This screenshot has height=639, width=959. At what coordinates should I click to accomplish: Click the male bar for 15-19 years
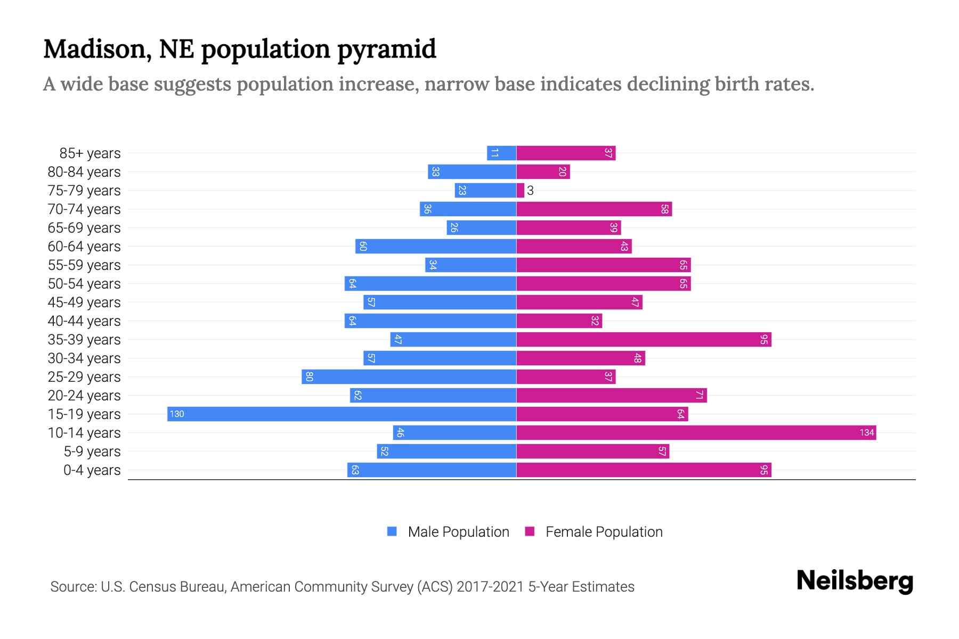[341, 414]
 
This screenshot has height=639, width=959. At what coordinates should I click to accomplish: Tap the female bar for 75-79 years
[521, 191]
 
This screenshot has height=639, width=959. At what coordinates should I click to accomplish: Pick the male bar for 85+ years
[501, 153]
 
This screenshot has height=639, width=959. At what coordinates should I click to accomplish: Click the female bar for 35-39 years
[644, 340]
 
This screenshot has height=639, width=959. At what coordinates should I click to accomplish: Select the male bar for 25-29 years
[409, 377]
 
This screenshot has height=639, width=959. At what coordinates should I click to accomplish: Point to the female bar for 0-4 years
[644, 470]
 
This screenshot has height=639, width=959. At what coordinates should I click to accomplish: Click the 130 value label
[177, 414]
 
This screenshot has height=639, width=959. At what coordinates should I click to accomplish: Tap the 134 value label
[867, 433]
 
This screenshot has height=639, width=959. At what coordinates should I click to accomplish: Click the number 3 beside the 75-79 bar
[530, 191]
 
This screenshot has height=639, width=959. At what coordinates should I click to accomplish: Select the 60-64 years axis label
[84, 247]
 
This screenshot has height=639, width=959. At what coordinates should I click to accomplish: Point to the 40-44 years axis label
[84, 321]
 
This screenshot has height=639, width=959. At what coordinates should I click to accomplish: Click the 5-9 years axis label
[92, 452]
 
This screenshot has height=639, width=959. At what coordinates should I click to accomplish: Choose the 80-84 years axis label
[84, 172]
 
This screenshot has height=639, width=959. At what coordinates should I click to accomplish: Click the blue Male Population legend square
[392, 531]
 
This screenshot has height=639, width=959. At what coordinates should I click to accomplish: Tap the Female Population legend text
[604, 531]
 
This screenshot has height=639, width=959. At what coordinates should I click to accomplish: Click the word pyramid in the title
[387, 49]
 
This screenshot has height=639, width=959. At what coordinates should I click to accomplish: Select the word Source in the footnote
[72, 587]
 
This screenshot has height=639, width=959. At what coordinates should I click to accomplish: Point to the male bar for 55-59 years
[470, 265]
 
